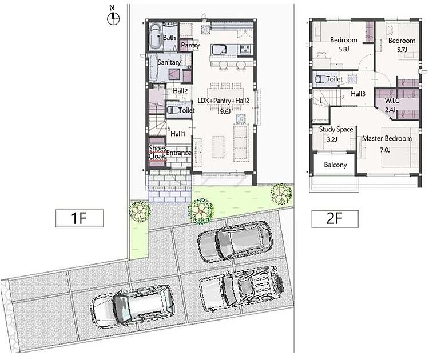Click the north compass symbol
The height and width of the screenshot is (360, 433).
point(113,17)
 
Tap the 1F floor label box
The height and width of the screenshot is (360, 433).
point(80,218)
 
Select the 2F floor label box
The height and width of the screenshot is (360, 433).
point(335,219)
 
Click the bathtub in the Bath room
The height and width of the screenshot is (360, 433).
point(156,37)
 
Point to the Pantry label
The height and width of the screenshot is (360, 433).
point(190,45)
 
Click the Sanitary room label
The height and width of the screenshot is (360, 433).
point(169,62)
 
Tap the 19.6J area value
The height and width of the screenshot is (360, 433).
point(224,111)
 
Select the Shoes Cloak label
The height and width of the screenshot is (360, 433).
point(157,152)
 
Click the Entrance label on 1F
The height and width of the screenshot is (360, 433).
point(178,153)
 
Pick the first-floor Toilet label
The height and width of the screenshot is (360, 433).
point(186,110)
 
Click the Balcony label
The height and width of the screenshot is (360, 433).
point(336,165)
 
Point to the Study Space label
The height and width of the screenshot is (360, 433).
point(336,129)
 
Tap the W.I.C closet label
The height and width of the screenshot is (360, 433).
point(392,101)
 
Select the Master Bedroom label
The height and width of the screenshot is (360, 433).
point(387,138)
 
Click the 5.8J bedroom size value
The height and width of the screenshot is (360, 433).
point(344,49)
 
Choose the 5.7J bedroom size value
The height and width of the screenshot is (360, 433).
point(402,50)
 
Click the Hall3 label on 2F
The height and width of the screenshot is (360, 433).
point(358,94)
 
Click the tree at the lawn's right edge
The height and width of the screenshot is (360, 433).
point(281,194)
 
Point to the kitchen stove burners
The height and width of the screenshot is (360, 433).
point(245,49)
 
